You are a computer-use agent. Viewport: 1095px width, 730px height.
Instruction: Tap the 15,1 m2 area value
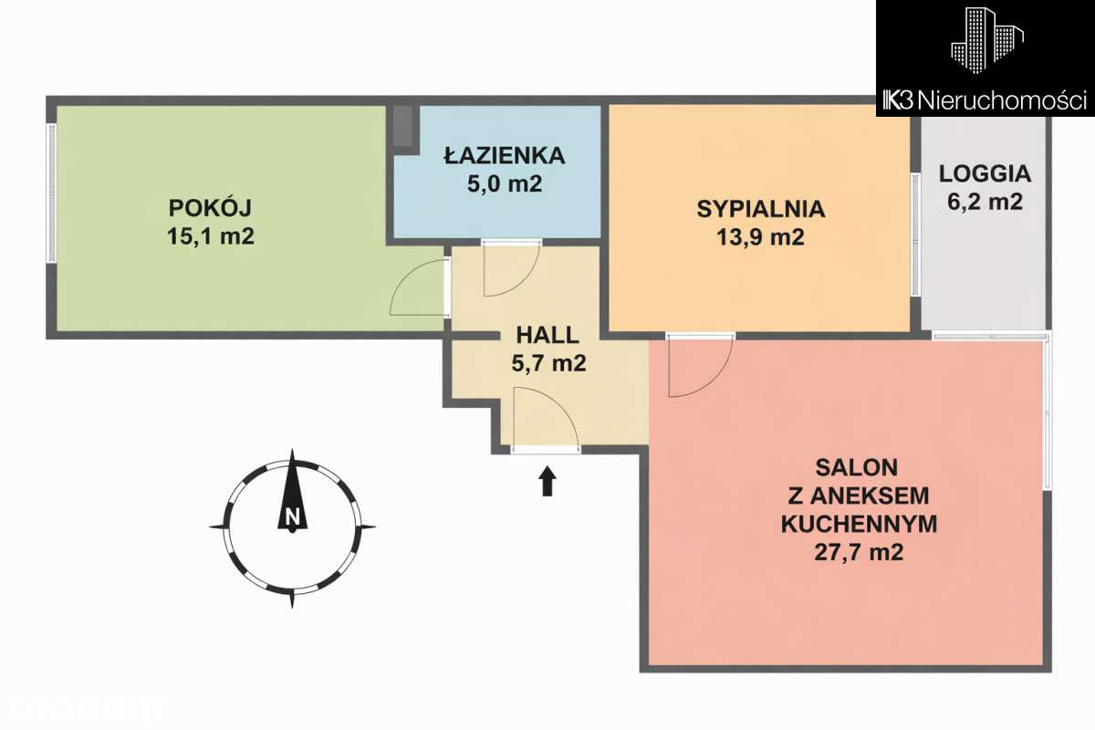211,236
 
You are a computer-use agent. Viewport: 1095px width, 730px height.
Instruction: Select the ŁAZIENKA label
504,155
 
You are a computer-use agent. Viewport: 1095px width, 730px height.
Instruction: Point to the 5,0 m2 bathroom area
504,184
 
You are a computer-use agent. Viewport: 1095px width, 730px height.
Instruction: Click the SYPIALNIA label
761,208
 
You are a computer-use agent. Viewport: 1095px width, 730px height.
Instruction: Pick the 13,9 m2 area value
761,238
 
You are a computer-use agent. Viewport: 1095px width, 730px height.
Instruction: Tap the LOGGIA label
985,172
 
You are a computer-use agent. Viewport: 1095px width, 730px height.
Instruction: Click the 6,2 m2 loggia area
985,202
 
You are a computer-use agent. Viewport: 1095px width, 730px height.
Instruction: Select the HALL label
547,333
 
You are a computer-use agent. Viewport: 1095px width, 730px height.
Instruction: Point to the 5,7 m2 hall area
547,363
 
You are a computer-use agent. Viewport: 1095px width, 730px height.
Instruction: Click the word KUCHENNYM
859,524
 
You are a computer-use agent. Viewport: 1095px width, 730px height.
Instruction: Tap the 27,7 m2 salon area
859,552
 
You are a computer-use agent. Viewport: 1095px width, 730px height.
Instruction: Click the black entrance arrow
547,481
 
